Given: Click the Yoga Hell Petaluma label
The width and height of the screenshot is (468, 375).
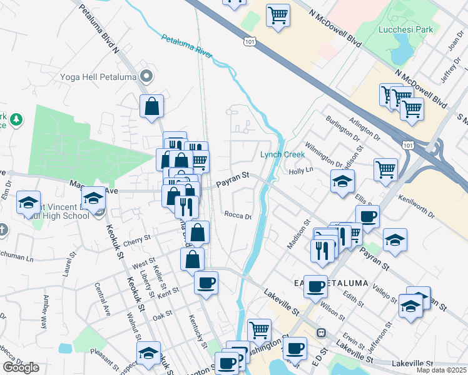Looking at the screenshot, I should point(98,77).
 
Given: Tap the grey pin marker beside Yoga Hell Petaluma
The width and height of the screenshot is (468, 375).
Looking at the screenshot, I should point(147,77).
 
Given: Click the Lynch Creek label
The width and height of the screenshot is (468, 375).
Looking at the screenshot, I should point(282,154).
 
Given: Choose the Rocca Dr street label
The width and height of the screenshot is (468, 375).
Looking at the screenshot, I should point(238,216).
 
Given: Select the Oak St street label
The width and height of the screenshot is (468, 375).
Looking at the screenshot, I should point(162,316).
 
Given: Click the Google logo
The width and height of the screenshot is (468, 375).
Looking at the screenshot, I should point(21,367).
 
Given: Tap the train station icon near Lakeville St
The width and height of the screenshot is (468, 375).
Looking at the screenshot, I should point(322,332).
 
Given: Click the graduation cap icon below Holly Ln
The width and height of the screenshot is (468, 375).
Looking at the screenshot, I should point(342,182).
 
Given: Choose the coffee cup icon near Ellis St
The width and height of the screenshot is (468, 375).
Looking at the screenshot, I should point(367,216).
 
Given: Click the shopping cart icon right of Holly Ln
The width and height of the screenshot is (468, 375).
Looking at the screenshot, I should point(386,169).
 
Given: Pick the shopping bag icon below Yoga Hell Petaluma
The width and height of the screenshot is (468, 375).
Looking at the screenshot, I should point(151,106).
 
